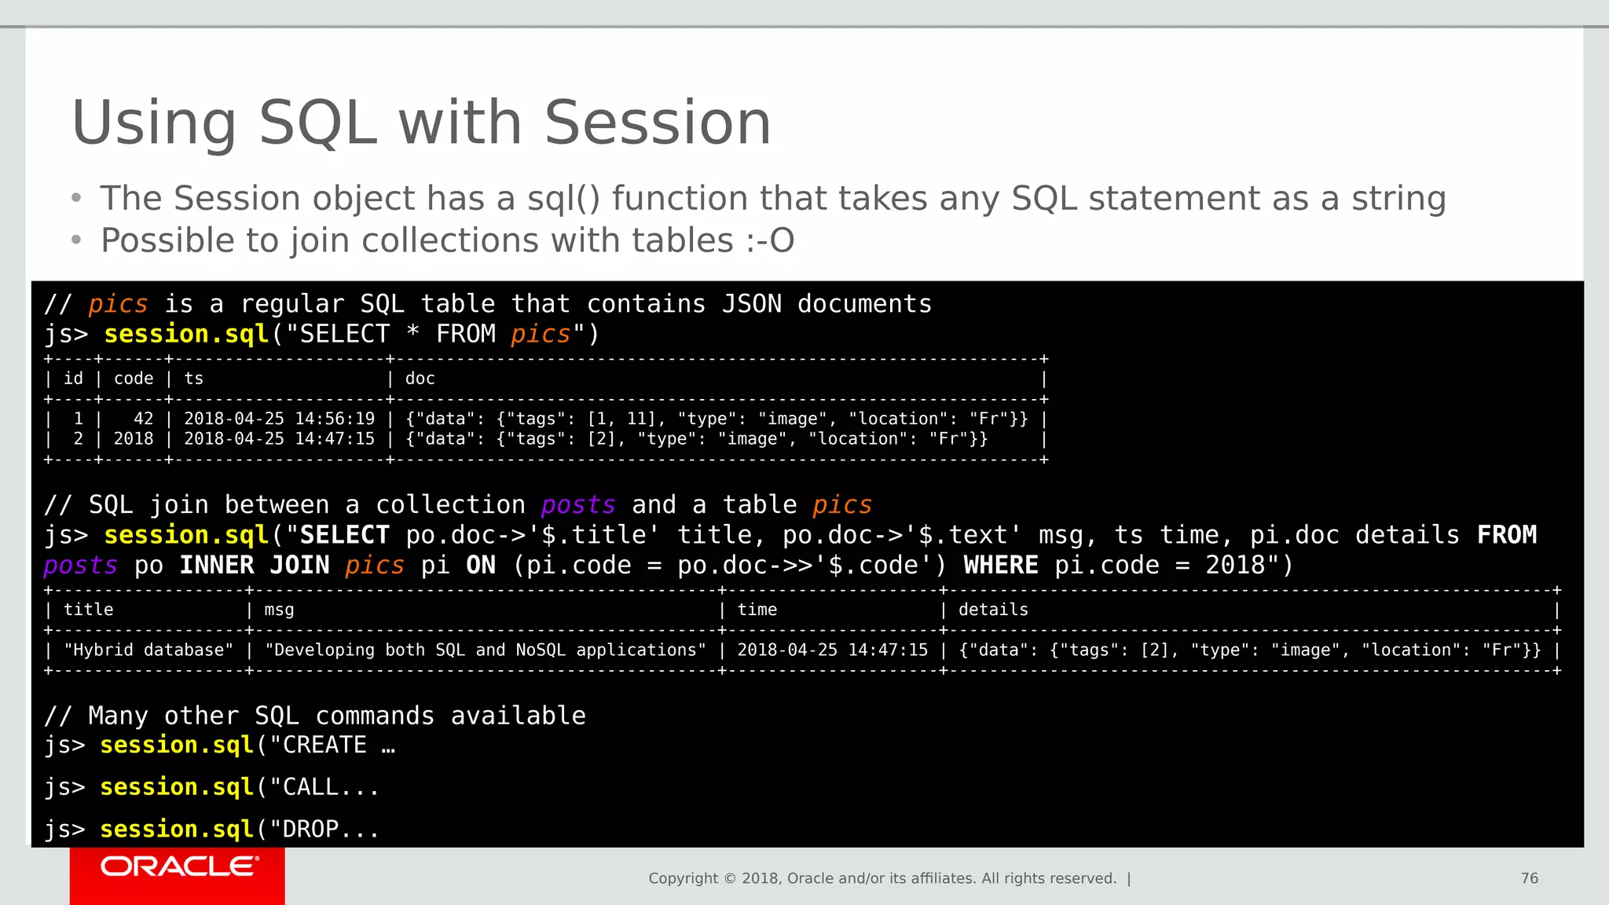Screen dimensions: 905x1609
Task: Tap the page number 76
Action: click(x=1529, y=878)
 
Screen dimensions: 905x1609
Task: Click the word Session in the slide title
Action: click(x=658, y=123)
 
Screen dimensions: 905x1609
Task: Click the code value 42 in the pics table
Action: click(x=143, y=419)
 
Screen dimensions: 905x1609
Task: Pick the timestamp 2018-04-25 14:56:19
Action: click(x=279, y=419)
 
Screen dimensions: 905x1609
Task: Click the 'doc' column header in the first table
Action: click(x=420, y=379)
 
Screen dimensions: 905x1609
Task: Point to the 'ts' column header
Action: click(x=193, y=379)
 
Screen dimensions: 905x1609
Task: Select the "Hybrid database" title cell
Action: click(x=148, y=650)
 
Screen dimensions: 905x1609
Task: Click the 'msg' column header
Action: click(x=279, y=610)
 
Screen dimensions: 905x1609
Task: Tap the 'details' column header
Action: click(x=993, y=610)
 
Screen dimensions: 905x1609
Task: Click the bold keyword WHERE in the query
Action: click(x=1001, y=565)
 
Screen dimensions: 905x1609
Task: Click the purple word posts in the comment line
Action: click(x=577, y=504)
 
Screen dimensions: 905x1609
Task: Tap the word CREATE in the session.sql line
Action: click(x=324, y=745)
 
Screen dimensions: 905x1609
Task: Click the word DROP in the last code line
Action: click(x=310, y=829)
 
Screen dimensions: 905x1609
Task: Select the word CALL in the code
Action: click(x=310, y=786)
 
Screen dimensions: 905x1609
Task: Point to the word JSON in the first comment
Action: click(x=751, y=304)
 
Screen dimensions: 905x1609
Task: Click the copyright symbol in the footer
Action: click(x=730, y=878)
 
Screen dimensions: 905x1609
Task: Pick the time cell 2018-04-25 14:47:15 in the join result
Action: click(x=832, y=650)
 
